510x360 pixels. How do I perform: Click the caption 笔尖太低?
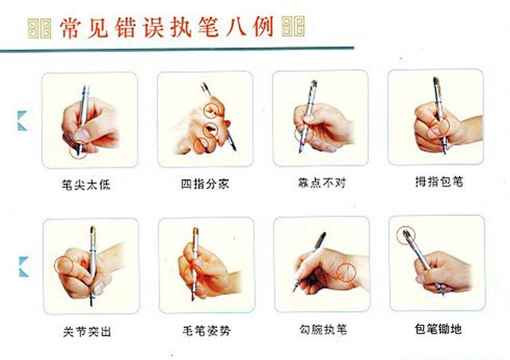(89, 183)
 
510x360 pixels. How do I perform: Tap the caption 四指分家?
(206, 183)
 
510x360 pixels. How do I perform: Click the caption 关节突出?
(89, 329)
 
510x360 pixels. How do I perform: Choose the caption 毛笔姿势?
(206, 329)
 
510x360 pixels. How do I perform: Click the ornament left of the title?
(40, 29)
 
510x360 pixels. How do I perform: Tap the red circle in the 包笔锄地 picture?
(407, 233)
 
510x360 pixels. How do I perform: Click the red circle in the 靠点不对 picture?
(302, 132)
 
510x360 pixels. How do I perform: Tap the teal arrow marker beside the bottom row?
(23, 265)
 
